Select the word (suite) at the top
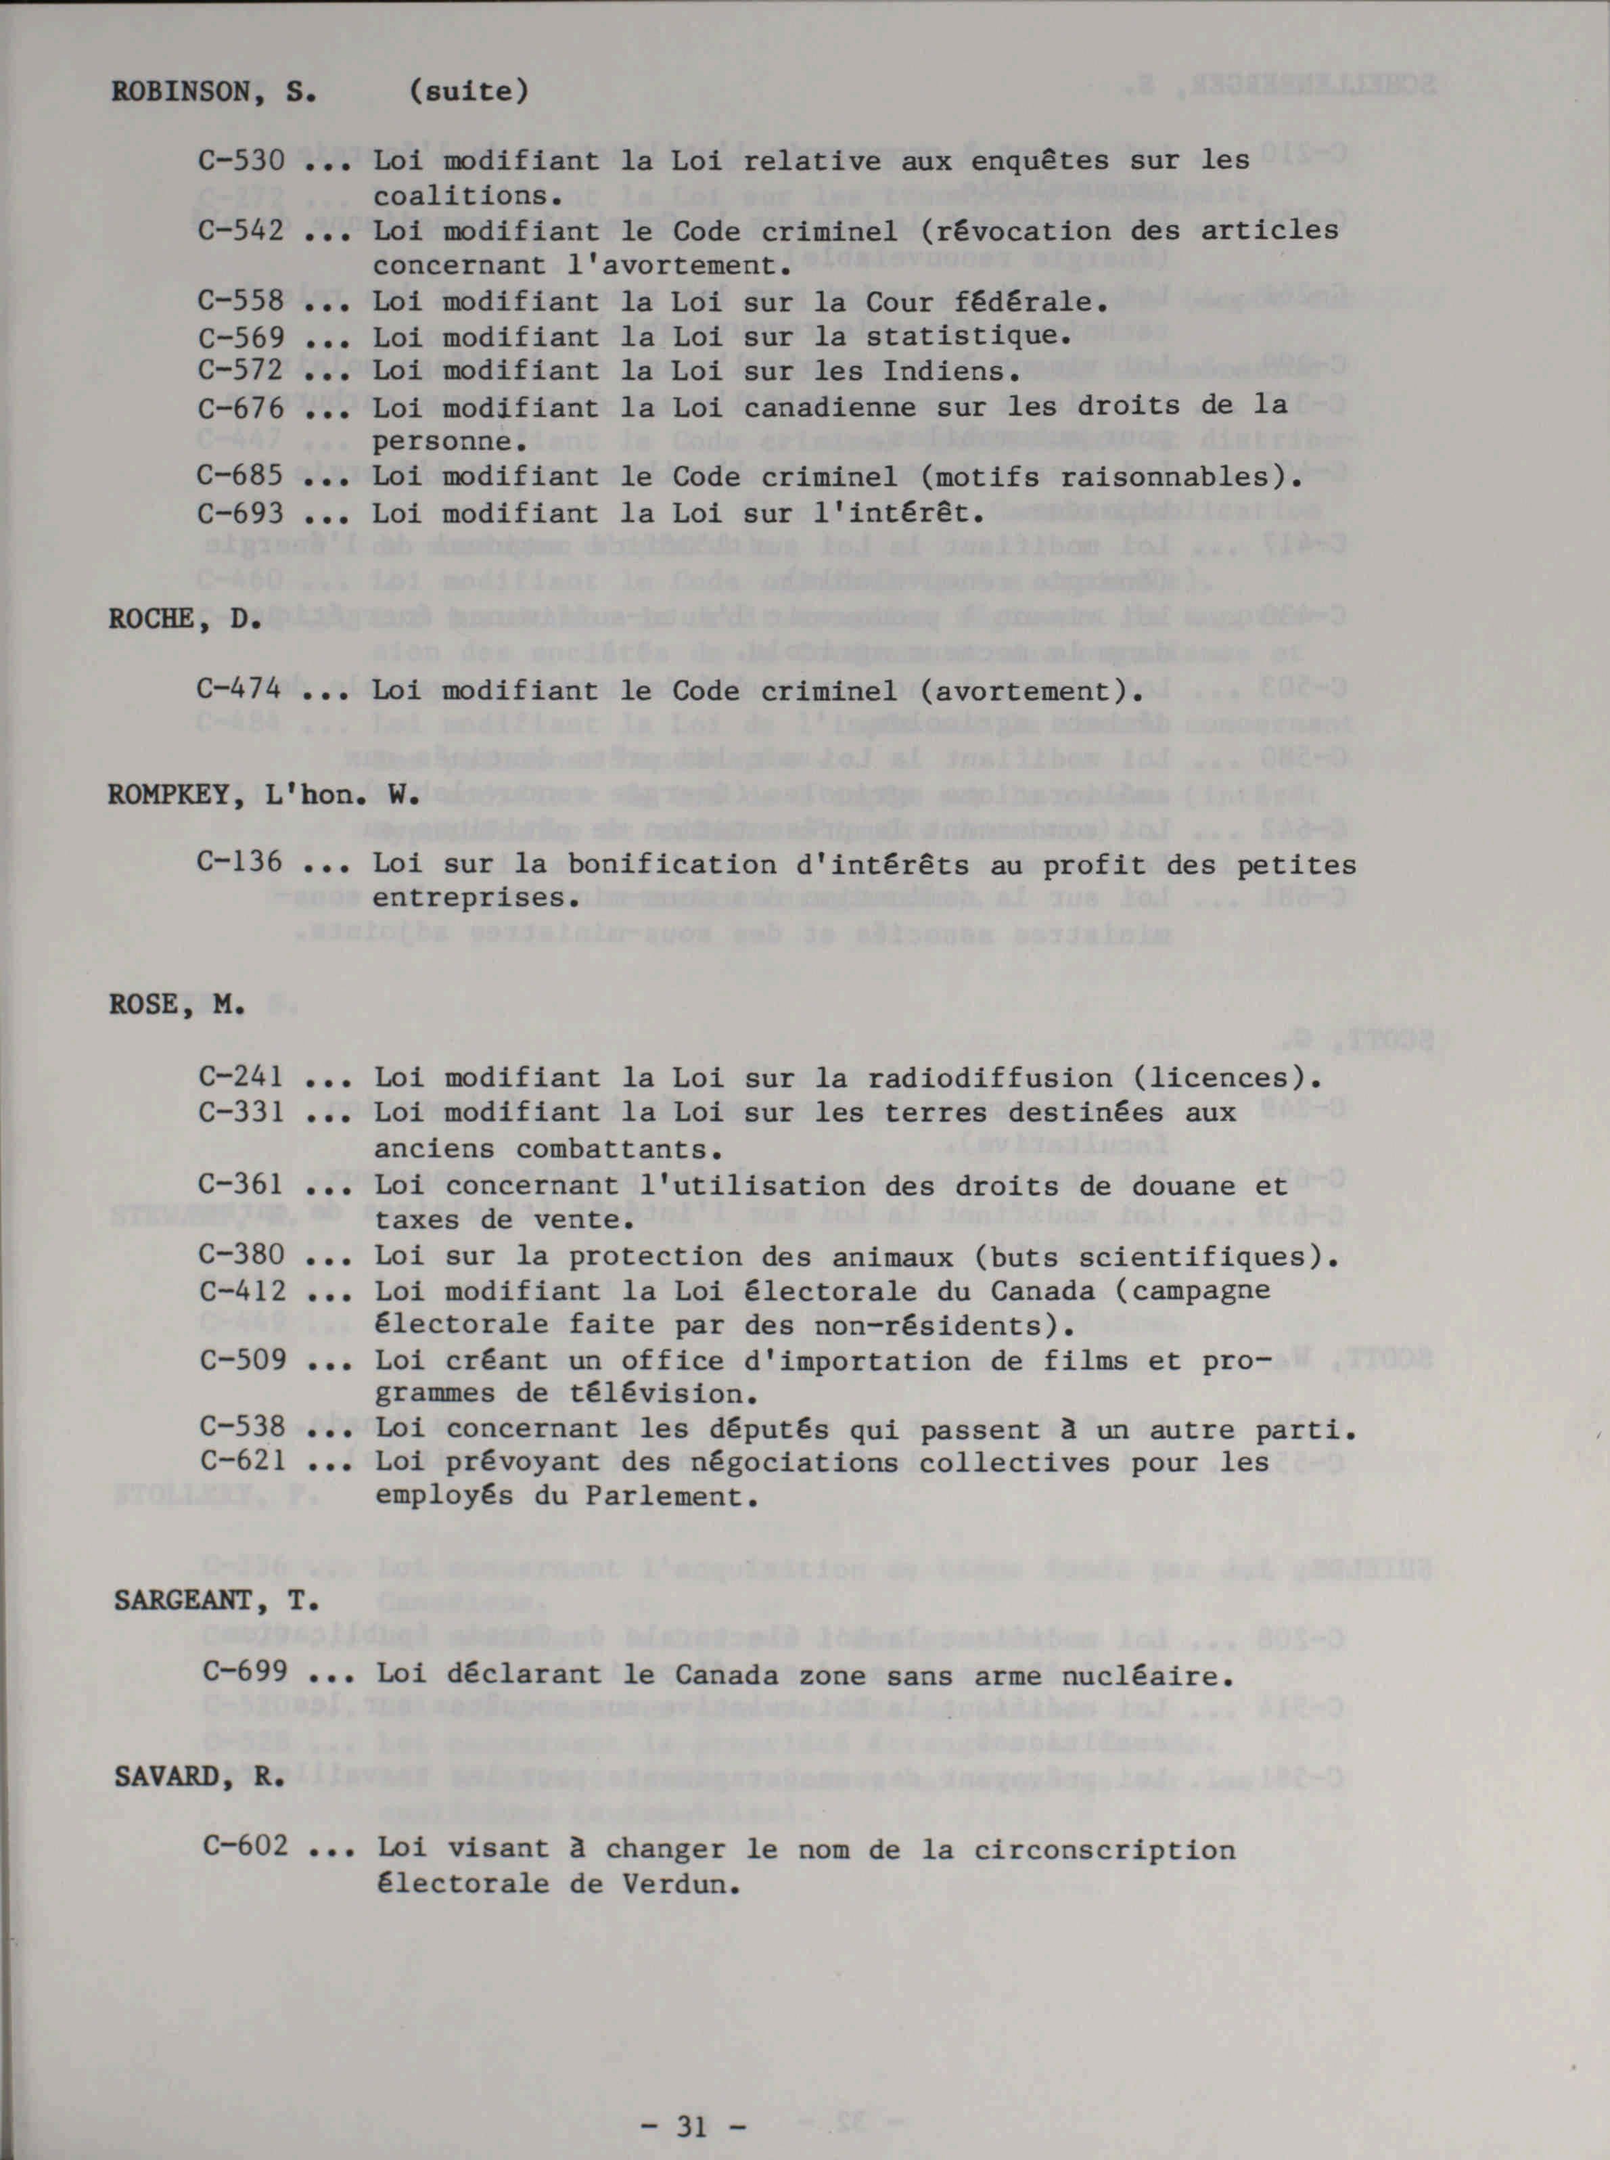pos(468,91)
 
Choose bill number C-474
pos(239,690)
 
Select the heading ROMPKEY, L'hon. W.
pos(263,794)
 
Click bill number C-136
pos(239,863)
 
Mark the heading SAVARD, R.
pos(200,1777)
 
